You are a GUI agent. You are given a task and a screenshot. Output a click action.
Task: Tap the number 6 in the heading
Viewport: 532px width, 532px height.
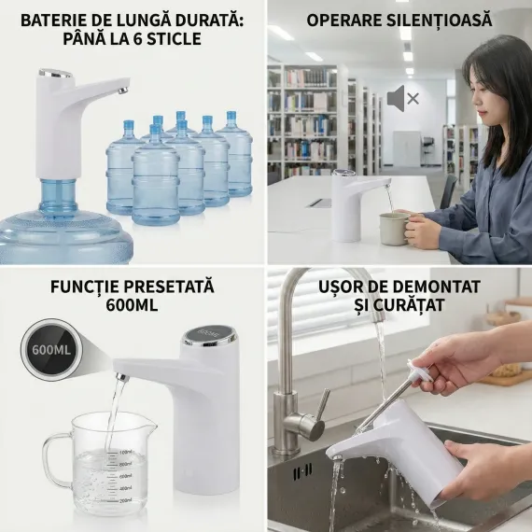pyautogui.click(x=136, y=39)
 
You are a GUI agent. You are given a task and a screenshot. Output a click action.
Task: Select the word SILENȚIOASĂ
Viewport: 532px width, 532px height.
pyautogui.click(x=440, y=20)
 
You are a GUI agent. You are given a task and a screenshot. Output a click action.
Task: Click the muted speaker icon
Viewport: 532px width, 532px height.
pyautogui.click(x=403, y=98)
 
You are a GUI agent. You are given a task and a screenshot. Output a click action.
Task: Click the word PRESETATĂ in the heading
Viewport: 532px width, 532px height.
pyautogui.click(x=168, y=287)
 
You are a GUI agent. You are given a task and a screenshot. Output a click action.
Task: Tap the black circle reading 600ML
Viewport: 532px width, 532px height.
pyautogui.click(x=51, y=349)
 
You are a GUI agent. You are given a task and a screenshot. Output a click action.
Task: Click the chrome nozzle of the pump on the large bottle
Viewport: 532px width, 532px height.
pyautogui.click(x=123, y=91)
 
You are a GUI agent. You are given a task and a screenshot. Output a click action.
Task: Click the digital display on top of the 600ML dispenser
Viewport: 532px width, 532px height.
pyautogui.click(x=207, y=334)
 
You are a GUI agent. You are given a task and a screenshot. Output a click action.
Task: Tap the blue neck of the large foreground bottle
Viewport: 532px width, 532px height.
pyautogui.click(x=59, y=198)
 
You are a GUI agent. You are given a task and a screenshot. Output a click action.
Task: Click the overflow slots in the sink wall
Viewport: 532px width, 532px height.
pyautogui.click(x=302, y=471)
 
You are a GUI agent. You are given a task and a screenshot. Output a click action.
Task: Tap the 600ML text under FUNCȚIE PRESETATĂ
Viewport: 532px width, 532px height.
pyautogui.click(x=132, y=305)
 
